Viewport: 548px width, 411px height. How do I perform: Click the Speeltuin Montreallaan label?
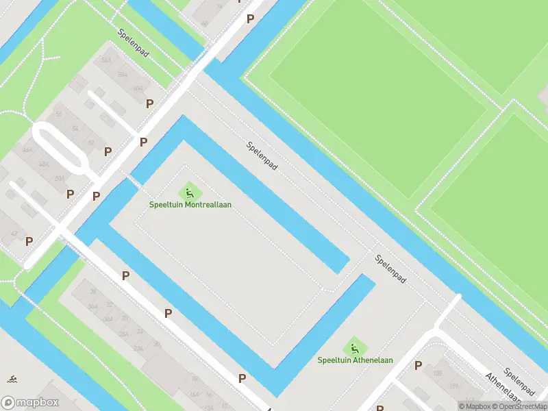click(x=191, y=205)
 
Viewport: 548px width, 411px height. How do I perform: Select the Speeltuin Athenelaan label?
click(x=355, y=360)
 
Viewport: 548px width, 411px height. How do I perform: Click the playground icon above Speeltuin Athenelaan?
click(x=355, y=346)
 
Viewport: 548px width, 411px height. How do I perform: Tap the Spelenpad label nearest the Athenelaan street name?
click(x=519, y=382)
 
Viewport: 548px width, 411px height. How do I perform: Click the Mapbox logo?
click(x=31, y=402)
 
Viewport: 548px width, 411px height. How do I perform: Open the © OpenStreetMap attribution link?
click(x=516, y=406)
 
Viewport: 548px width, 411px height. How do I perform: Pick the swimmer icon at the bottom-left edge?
click(x=12, y=379)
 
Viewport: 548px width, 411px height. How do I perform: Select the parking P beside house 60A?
click(x=149, y=103)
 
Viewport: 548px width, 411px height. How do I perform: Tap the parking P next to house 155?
click(x=418, y=366)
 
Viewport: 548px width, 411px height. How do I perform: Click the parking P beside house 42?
click(x=29, y=241)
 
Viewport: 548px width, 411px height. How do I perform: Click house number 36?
click(x=92, y=291)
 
